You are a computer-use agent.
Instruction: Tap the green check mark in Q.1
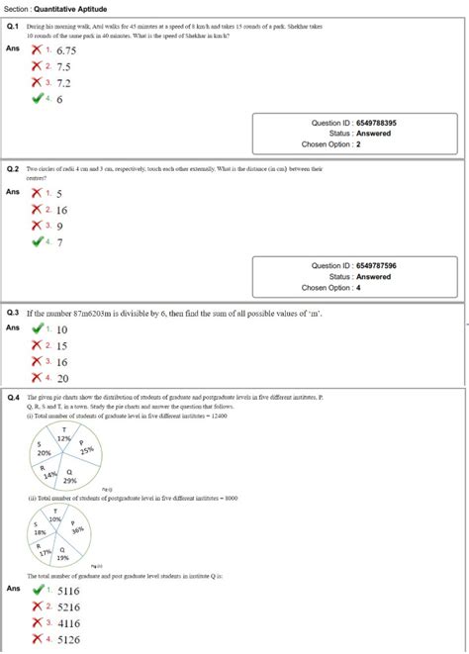point(37,99)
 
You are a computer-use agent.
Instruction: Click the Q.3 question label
point(14,313)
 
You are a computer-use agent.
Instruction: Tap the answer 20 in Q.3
point(62,378)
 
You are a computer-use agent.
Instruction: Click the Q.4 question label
point(14,397)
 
